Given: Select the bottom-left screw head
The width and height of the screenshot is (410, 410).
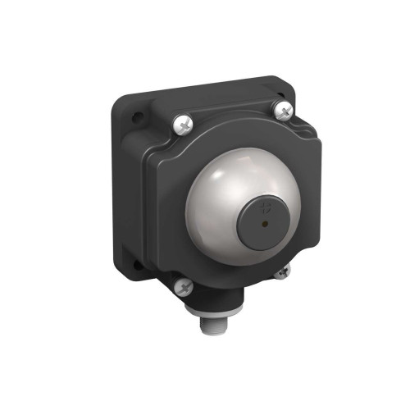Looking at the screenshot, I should tap(184, 286).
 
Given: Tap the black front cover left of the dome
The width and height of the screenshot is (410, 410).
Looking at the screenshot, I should tap(168, 205).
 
